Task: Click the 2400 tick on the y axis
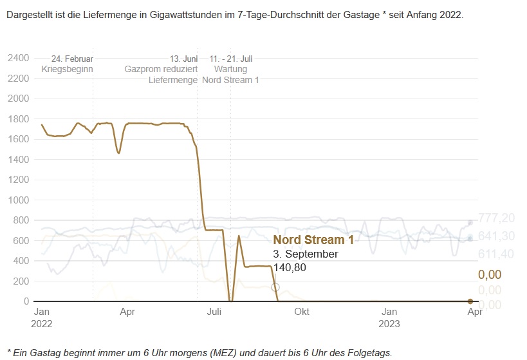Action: click(x=18, y=59)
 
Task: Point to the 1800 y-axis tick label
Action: click(x=18, y=119)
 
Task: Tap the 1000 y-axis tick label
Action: click(x=18, y=200)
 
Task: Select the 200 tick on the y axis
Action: click(x=22, y=281)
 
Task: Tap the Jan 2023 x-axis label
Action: click(x=389, y=317)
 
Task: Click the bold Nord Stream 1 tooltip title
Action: click(x=313, y=240)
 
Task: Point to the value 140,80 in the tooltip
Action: click(x=290, y=267)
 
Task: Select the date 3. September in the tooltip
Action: click(x=306, y=254)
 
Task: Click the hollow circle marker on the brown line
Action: click(x=275, y=287)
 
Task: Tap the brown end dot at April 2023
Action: click(x=470, y=301)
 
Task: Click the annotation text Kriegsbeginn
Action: click(x=68, y=69)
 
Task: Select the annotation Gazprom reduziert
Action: click(x=161, y=69)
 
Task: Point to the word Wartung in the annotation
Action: click(x=230, y=69)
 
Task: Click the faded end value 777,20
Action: click(x=497, y=218)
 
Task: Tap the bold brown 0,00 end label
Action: click(x=490, y=275)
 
